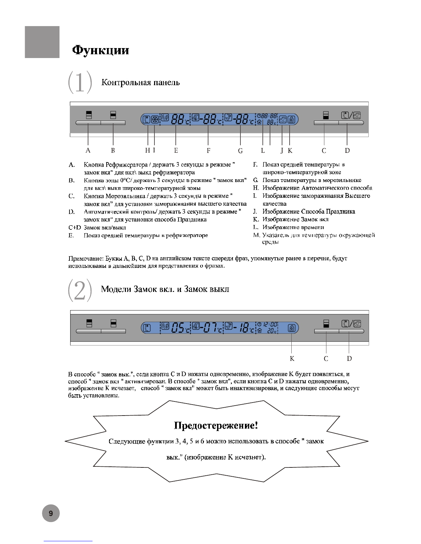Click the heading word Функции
point(100,50)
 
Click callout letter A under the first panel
point(88,150)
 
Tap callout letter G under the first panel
point(240,151)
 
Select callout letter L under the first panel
point(263,150)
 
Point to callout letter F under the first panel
point(208,150)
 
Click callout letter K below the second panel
point(292,359)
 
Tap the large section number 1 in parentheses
point(80,82)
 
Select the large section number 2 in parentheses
point(80,290)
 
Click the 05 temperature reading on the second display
point(179,328)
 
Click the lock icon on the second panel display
point(292,328)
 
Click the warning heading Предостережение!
point(216,426)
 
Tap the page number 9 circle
point(51,514)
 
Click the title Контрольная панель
point(140,82)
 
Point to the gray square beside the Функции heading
point(42,42)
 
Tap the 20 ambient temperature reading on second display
point(272,331)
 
